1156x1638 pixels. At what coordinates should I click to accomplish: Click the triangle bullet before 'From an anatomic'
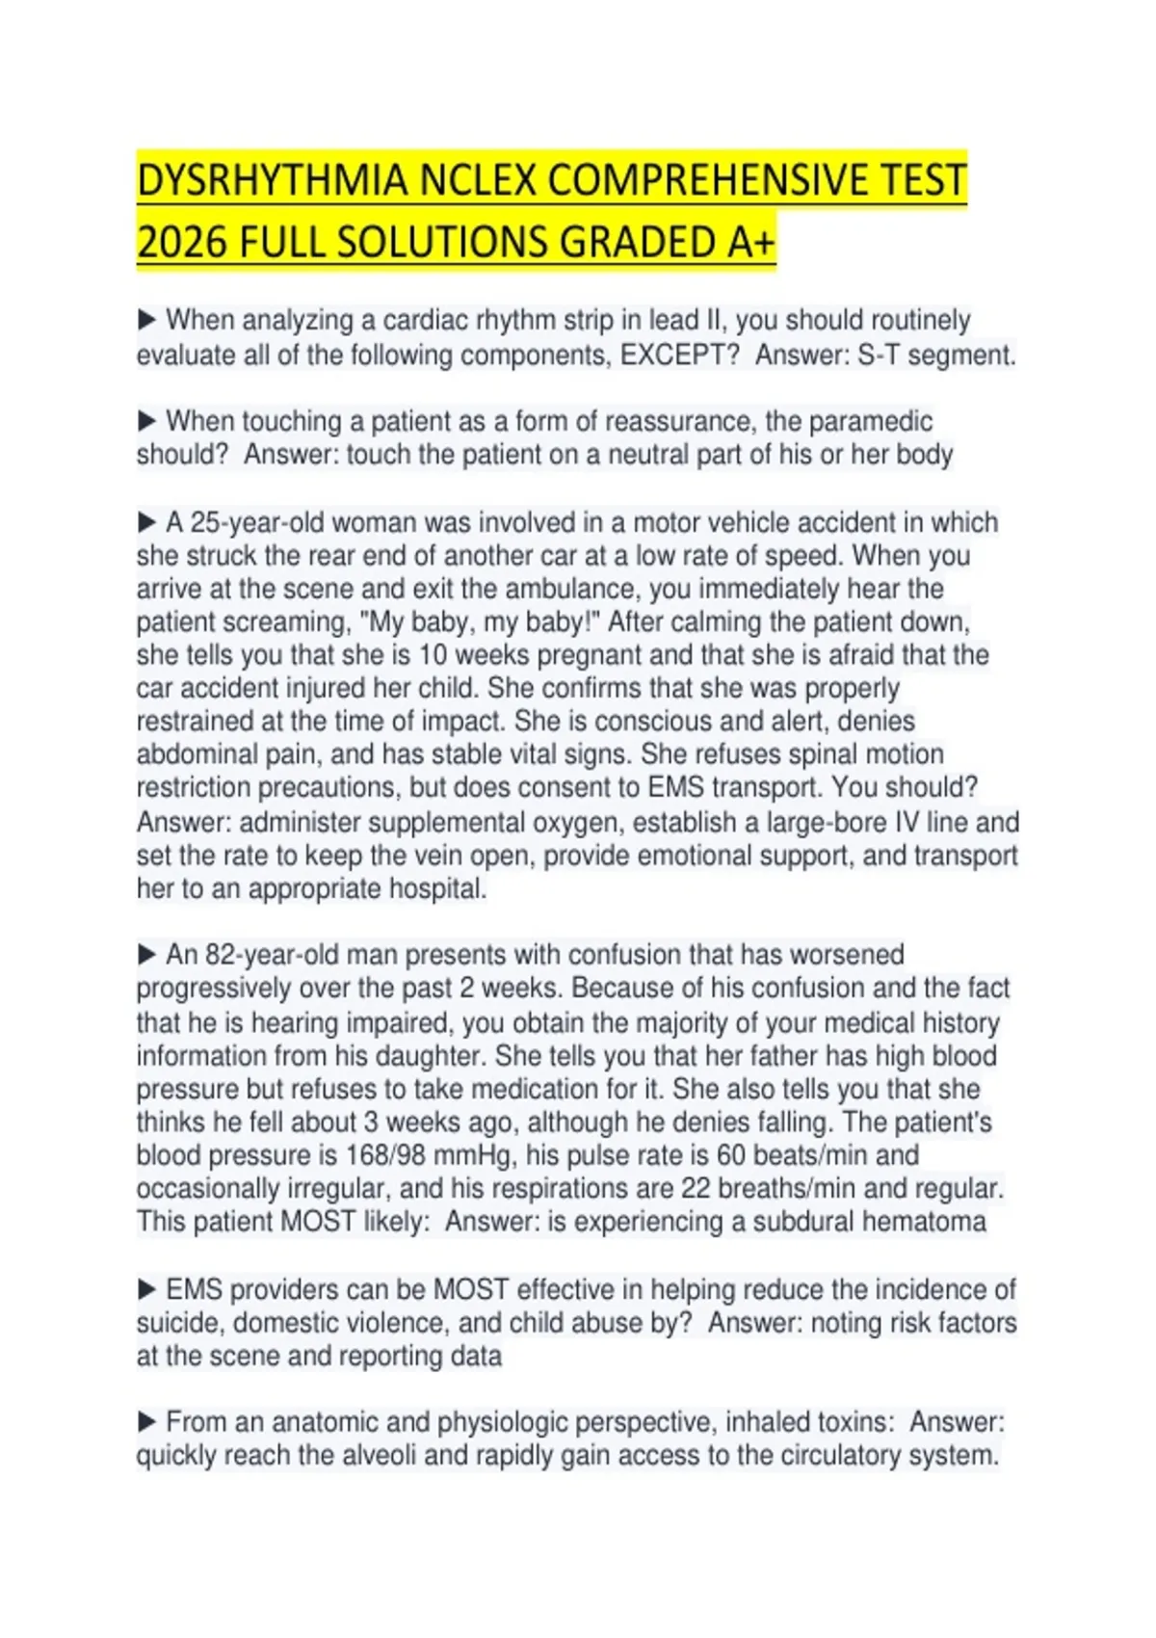coord(147,1421)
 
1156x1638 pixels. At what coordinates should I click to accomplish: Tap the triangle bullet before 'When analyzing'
coord(147,319)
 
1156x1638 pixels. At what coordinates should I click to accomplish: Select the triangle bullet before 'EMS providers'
coord(147,1289)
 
